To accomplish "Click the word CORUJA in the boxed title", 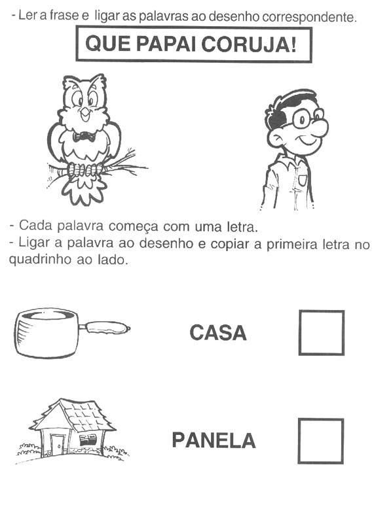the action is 250,44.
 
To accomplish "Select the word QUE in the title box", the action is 108,44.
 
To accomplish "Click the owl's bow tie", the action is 84,136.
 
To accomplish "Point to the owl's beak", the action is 85,113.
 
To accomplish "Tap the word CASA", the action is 218,332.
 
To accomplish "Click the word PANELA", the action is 214,440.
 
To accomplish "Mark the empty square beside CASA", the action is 322,332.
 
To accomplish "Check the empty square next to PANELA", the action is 321,441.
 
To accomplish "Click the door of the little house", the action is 58,445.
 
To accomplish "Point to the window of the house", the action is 88,439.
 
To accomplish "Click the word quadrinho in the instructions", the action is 40,260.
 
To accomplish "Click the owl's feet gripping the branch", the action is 86,169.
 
